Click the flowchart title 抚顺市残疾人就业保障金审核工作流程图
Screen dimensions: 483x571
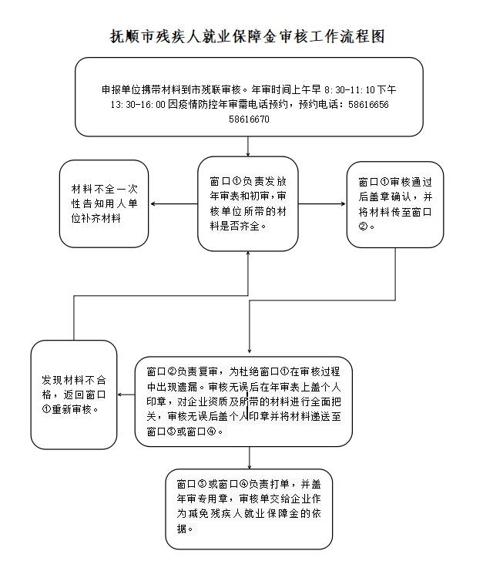[x=247, y=36]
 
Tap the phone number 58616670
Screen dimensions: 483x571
[x=249, y=119]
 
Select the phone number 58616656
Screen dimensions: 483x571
[x=368, y=105]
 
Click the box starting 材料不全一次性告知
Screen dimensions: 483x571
[x=104, y=203]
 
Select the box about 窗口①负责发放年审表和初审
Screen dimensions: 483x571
[x=248, y=204]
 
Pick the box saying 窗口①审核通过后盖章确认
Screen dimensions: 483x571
[x=395, y=205]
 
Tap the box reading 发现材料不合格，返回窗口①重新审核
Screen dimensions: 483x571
[x=74, y=395]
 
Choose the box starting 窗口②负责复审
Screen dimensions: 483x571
[x=243, y=401]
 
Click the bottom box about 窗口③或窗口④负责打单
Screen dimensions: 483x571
[x=249, y=509]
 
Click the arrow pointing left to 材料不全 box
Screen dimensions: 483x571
[x=174, y=204]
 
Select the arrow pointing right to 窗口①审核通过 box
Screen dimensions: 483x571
[x=322, y=204]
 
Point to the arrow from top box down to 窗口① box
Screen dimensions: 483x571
[x=248, y=146]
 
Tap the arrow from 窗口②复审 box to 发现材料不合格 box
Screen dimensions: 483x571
[x=126, y=395]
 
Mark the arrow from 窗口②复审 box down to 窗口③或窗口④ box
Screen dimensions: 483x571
[x=250, y=458]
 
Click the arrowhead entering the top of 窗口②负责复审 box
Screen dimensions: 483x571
[x=250, y=351]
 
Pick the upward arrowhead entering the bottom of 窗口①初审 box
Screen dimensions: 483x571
[x=248, y=254]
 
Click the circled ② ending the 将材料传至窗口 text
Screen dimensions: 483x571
[x=363, y=226]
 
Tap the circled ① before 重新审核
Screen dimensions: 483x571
[x=46, y=409]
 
